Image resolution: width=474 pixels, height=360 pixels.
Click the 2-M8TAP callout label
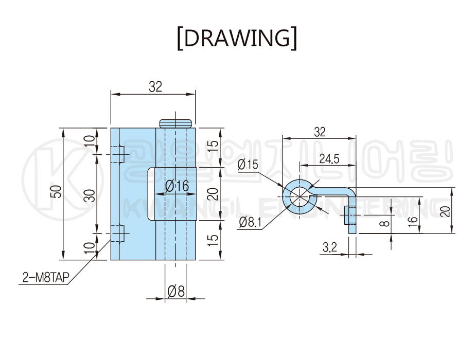click(x=45, y=278)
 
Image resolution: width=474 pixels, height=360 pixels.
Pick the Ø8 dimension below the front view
click(x=176, y=292)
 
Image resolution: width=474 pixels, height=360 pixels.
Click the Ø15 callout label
click(x=248, y=165)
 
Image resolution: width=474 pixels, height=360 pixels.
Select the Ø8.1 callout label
click(x=251, y=222)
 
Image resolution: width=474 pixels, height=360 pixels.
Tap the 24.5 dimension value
click(x=329, y=159)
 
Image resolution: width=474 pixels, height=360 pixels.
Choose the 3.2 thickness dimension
click(x=329, y=248)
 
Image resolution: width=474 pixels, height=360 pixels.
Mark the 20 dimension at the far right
click(x=446, y=210)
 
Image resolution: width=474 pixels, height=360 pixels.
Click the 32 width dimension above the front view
click(x=155, y=87)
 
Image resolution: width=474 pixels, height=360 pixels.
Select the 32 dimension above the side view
click(x=320, y=132)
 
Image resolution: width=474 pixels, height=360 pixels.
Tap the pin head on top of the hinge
click(x=175, y=123)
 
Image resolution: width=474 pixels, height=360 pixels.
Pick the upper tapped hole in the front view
click(x=118, y=154)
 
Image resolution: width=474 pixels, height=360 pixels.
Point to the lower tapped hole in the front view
click(x=119, y=234)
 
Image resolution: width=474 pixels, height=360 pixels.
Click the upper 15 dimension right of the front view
click(x=213, y=147)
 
